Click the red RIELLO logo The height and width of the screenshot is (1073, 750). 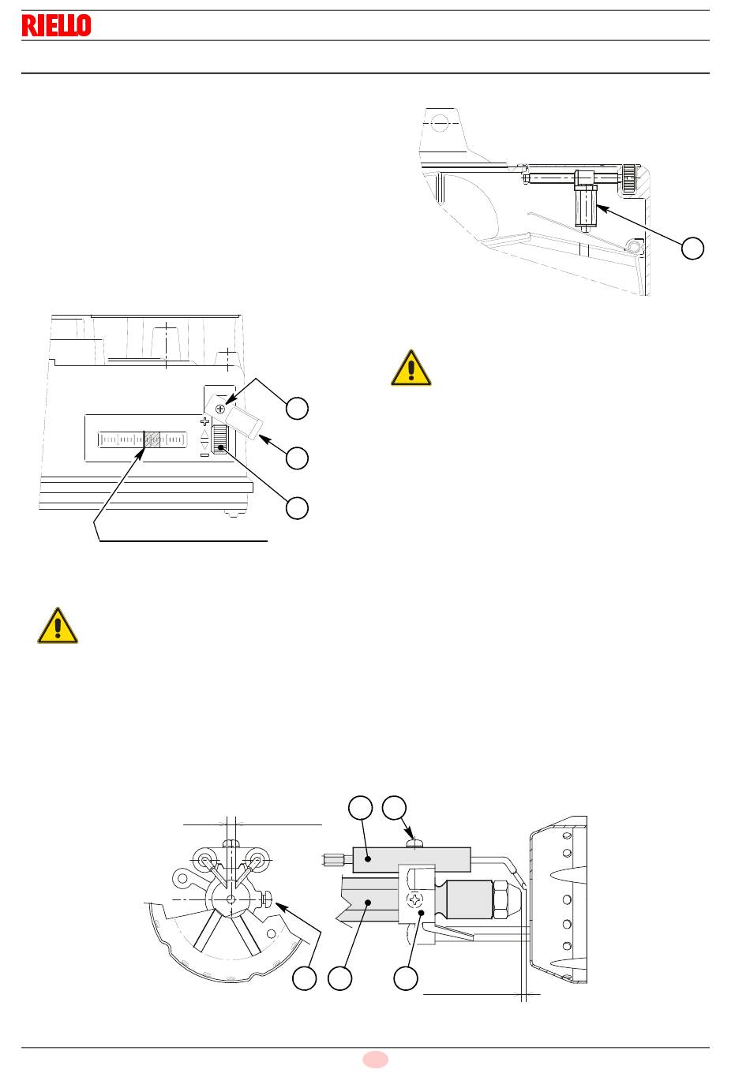click(56, 25)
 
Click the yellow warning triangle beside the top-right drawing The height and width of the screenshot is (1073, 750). click(411, 368)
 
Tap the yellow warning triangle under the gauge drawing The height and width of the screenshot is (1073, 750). click(58, 626)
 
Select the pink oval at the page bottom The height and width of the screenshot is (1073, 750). click(375, 1060)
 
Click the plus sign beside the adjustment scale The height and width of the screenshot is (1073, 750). click(204, 421)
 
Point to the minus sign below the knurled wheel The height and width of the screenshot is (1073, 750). click(204, 454)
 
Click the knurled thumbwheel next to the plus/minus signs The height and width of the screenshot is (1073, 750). click(219, 439)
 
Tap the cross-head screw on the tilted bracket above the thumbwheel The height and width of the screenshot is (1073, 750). click(220, 409)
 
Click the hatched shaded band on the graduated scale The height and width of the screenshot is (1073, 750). click(152, 439)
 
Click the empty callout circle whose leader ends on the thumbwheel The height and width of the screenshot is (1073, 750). click(297, 508)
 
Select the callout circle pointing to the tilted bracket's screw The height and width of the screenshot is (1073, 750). click(297, 408)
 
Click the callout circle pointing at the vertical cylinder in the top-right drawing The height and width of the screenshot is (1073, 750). click(692, 248)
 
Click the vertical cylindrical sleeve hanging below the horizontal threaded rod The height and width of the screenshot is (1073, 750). click(585, 207)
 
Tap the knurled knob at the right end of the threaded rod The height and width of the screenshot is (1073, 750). click(629, 178)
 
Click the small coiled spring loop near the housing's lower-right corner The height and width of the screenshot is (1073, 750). click(634, 247)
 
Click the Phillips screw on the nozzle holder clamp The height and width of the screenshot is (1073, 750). click(414, 899)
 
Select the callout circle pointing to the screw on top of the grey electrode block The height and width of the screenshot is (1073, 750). click(394, 808)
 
